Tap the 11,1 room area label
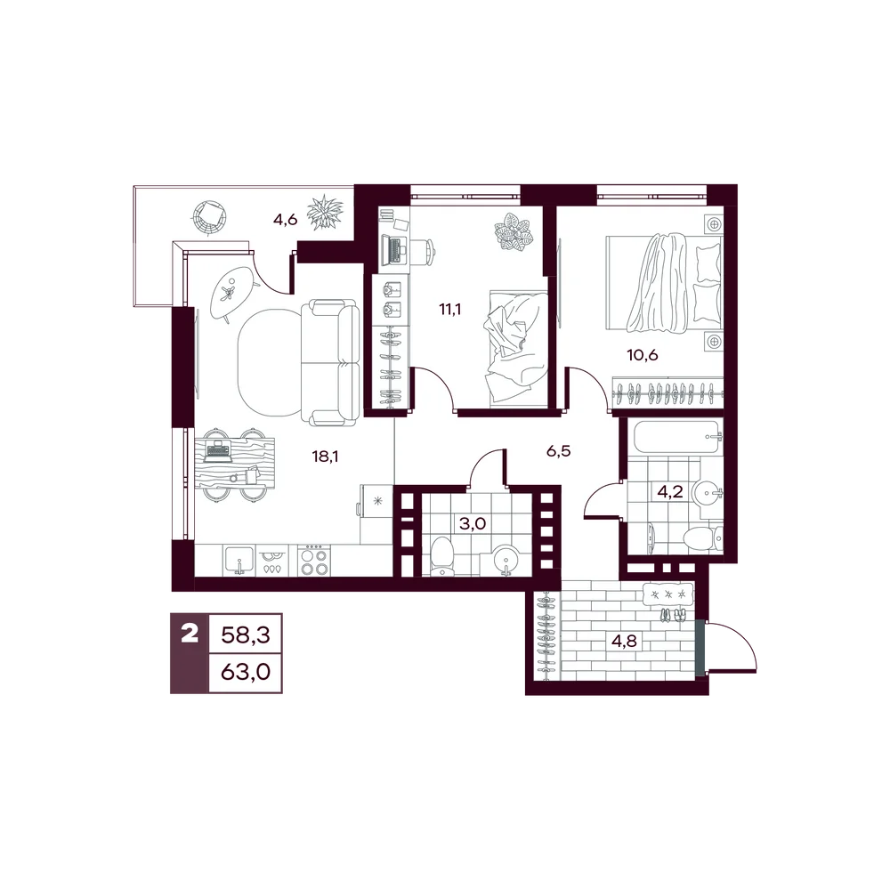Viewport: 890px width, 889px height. [x=450, y=310]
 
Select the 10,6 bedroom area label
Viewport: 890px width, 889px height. [x=642, y=355]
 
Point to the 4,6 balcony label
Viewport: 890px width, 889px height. [x=285, y=220]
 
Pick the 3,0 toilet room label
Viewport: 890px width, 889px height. [x=473, y=523]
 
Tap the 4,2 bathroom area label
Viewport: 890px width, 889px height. [x=670, y=491]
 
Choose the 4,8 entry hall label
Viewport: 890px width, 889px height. [x=624, y=642]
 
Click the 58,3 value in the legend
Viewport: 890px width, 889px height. [x=246, y=634]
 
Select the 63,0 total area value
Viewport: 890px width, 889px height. [x=246, y=672]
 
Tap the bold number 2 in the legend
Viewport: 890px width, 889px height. [x=190, y=633]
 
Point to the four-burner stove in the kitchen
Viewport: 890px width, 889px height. [x=313, y=561]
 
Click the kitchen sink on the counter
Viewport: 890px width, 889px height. [x=240, y=561]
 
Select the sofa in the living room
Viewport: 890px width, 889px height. [x=330, y=363]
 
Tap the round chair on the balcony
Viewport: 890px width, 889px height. [x=211, y=217]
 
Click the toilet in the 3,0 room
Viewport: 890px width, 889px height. [x=443, y=555]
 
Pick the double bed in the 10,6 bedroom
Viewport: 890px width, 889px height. [x=664, y=283]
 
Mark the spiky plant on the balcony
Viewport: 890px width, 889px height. [x=325, y=212]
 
